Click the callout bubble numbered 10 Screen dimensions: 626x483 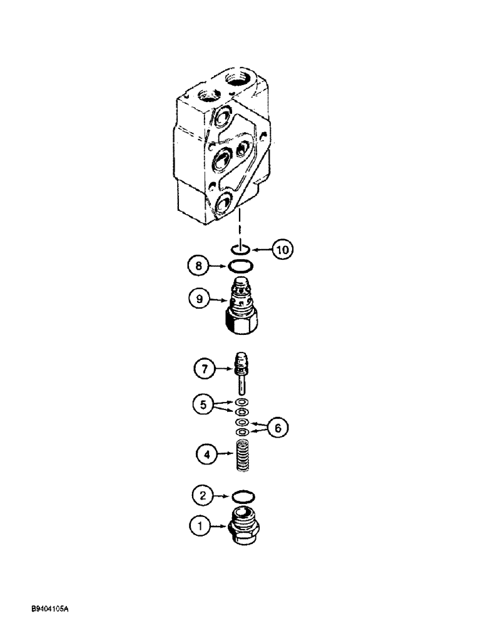(282, 250)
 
